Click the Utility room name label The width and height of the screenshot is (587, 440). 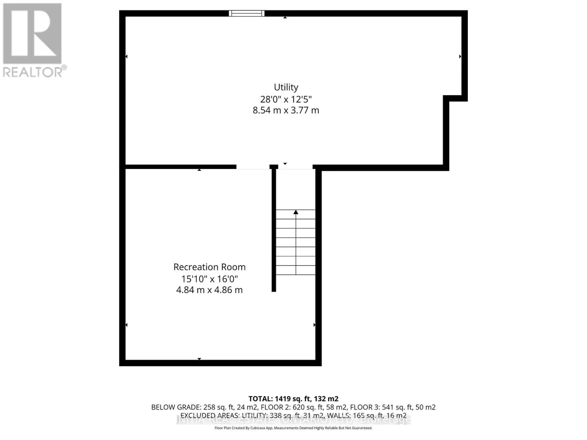tap(286, 87)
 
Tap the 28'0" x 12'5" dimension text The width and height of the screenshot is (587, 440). tap(286, 99)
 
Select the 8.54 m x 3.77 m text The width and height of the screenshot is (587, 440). tap(286, 110)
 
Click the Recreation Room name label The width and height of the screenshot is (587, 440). tap(209, 267)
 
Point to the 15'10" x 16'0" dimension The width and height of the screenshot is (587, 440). tap(209, 279)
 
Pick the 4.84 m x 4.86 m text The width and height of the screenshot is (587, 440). tap(209, 290)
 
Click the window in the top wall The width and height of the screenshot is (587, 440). tap(247, 14)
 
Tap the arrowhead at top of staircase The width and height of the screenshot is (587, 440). tap(296, 212)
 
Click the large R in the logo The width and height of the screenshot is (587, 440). tap(32, 34)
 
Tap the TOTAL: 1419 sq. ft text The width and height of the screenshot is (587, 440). tap(293, 399)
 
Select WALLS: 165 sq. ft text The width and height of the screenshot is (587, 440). tap(367, 416)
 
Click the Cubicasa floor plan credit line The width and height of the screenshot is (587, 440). tap(293, 428)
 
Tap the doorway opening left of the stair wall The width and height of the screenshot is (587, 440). tap(253, 167)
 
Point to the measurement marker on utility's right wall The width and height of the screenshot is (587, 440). tap(460, 56)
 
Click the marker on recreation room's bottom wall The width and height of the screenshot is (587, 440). tap(199, 359)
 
